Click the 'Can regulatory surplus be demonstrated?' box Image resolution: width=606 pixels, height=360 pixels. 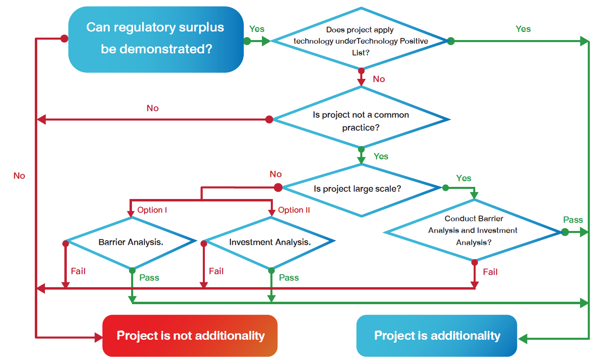point(156,39)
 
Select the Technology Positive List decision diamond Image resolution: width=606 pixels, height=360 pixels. point(360,41)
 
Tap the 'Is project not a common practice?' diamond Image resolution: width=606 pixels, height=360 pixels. point(361,120)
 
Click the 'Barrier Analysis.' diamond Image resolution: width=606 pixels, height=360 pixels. point(131,242)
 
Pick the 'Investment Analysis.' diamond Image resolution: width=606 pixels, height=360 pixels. point(270,242)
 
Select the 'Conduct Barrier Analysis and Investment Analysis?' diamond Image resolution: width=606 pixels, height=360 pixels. point(473,231)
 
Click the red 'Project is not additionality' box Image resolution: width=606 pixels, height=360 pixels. point(190,336)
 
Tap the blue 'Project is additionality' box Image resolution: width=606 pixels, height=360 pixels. point(436,336)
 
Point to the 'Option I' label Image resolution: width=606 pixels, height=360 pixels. point(152,210)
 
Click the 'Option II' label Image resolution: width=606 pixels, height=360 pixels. point(294,210)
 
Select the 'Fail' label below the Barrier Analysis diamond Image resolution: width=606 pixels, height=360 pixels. point(78,271)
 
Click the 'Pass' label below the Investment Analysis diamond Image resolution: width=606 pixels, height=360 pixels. point(289,278)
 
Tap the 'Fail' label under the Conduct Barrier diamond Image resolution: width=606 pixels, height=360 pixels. point(490,272)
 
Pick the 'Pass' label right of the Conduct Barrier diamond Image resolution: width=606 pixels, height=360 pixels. point(573,220)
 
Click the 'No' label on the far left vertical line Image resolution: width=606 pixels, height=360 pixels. point(19,176)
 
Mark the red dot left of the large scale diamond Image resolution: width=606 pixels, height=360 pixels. point(278,187)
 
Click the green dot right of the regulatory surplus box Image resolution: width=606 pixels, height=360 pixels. point(247,41)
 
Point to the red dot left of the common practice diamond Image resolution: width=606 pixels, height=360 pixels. point(269,119)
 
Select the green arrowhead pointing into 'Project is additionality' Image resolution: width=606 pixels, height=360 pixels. point(523,339)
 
